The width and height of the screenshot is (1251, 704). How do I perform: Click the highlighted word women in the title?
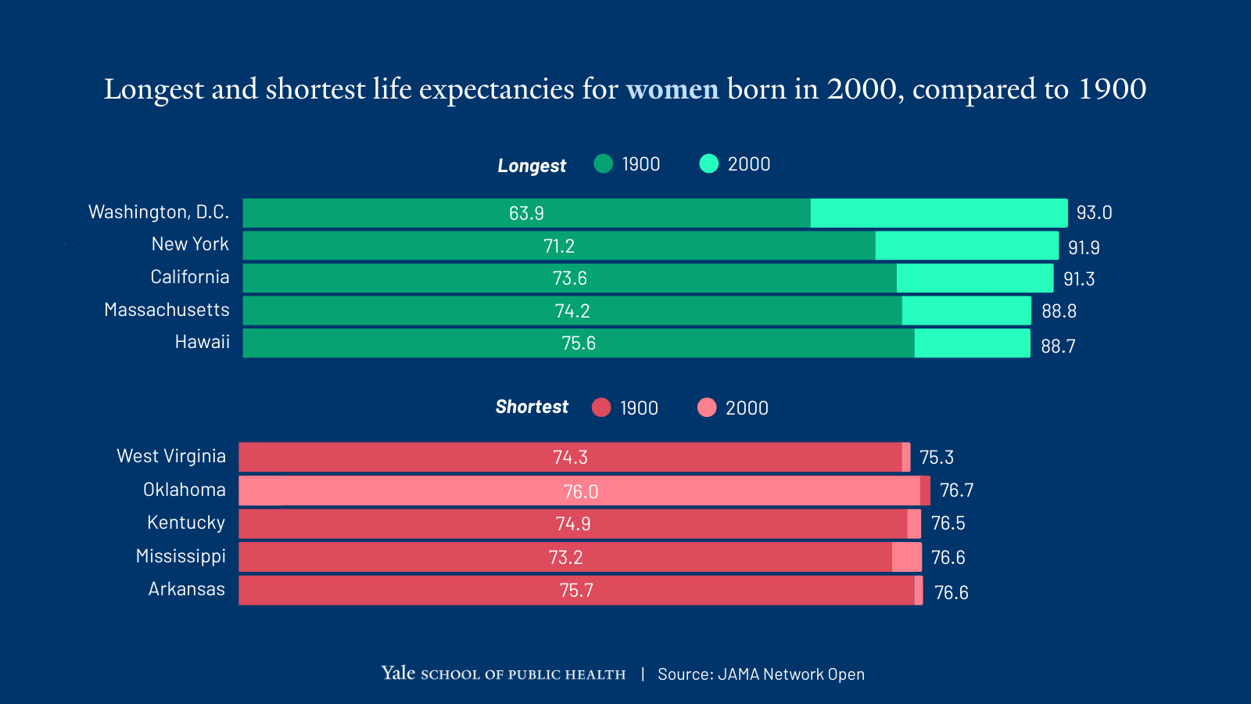pos(672,89)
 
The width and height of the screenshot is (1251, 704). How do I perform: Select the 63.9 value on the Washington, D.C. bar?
pos(526,214)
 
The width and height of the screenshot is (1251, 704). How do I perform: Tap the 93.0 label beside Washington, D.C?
pos(1094,213)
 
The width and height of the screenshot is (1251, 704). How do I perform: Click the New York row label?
pos(190,244)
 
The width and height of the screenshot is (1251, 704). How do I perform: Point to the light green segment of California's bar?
pos(974,278)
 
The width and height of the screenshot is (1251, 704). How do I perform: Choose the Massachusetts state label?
pos(167,310)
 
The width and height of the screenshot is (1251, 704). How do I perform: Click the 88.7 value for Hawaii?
pos(1058,346)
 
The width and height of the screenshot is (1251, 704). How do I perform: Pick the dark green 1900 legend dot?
pos(603,163)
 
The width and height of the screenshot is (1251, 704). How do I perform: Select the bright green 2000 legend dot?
pos(708,163)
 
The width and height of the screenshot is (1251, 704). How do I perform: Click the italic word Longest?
pos(532,166)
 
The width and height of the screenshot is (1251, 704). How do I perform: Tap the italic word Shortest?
pos(532,407)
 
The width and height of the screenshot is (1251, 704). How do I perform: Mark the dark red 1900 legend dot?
pos(600,408)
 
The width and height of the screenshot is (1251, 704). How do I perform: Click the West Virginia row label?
pos(171,456)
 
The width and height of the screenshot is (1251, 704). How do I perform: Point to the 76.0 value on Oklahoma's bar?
pos(580,491)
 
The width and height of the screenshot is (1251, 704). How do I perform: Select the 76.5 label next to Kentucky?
pos(948,523)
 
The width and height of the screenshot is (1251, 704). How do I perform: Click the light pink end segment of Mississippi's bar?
pos(906,557)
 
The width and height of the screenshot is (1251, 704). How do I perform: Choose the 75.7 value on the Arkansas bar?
pos(576,591)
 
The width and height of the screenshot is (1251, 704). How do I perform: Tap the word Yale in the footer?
pos(398,673)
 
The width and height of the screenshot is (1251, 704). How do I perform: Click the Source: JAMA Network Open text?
pos(761,674)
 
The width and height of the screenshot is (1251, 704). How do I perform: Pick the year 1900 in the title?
pos(1112,89)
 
